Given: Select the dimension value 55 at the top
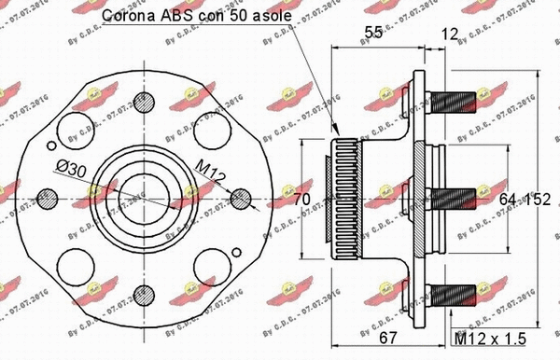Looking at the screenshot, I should click(x=374, y=33).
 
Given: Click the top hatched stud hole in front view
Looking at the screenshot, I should click(x=142, y=101).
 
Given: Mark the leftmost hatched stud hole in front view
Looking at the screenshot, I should click(x=44, y=199).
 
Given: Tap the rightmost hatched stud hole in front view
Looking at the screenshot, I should click(x=240, y=199).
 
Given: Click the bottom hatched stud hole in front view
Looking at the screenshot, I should click(x=142, y=297).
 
